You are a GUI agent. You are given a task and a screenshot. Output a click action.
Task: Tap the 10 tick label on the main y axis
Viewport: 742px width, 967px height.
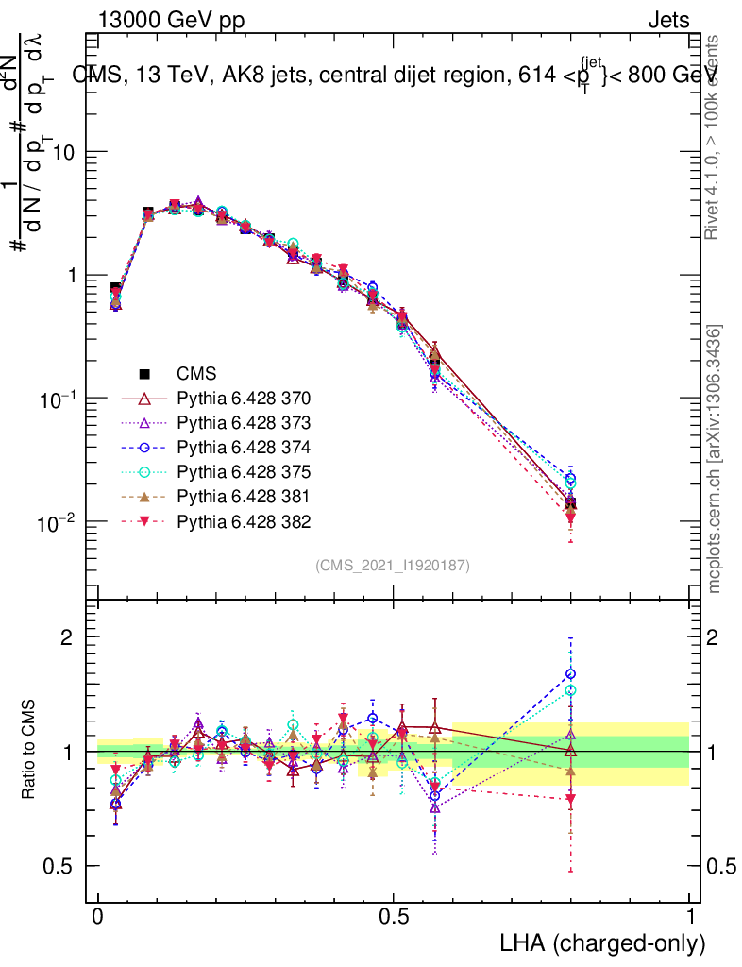pos(62,153)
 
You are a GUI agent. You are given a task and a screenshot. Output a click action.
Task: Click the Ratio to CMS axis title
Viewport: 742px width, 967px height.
pos(29,751)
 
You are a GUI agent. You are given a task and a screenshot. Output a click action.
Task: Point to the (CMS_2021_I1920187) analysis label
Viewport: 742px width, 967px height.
pos(393,566)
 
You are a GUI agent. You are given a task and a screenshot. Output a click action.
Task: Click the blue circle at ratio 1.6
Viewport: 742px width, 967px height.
pos(570,674)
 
